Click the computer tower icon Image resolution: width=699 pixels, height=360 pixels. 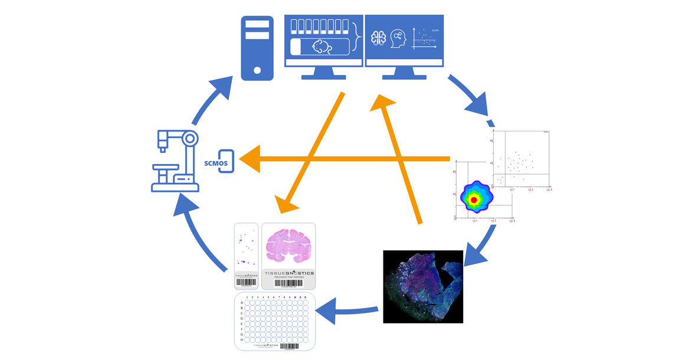pos(257,48)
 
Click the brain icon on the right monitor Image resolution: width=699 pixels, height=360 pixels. pos(378,39)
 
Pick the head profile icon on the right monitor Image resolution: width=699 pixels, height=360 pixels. pos(398,39)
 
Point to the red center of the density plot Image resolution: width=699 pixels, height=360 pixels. pos(474,201)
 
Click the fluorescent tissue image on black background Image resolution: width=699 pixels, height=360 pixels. pos(423,286)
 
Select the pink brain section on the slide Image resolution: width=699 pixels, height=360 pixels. pos(288,247)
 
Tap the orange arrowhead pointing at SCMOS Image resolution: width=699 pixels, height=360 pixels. pos(250,159)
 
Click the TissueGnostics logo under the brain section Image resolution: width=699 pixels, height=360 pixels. pos(288,274)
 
